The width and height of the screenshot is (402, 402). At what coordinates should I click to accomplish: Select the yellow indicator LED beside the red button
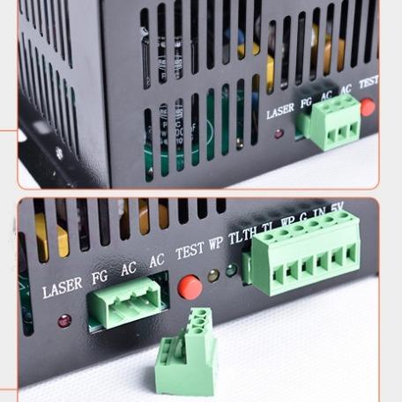(213, 276)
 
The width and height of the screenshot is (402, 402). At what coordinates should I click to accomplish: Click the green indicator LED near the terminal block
(231, 271)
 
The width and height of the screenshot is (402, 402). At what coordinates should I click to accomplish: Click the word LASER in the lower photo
(62, 287)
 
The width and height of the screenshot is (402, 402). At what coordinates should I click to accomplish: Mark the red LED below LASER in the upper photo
(279, 134)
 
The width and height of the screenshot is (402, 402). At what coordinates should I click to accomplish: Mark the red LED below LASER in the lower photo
(63, 320)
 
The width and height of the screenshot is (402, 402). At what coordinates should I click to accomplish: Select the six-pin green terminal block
(306, 264)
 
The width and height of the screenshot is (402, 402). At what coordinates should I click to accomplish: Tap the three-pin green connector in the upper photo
(331, 122)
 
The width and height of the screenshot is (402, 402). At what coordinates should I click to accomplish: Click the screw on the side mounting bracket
(60, 153)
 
